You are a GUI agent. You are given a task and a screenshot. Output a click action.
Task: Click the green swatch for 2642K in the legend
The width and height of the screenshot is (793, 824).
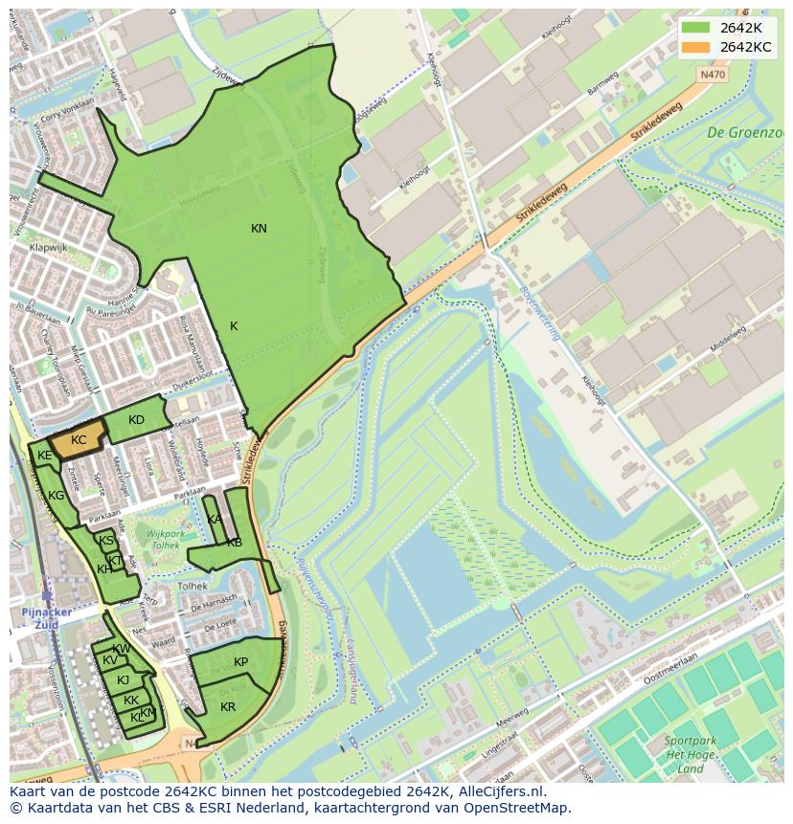pos(695,28)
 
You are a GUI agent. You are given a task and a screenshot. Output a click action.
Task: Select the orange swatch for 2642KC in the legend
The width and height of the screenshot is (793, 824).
pos(695,47)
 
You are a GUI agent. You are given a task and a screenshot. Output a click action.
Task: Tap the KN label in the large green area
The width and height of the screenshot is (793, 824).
pos(259,229)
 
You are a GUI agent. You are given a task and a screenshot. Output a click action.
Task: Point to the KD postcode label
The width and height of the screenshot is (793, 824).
pos(136,420)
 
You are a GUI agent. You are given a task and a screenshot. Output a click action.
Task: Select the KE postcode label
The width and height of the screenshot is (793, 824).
pos(44,457)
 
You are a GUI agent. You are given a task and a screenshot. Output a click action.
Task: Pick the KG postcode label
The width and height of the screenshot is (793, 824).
pos(57,496)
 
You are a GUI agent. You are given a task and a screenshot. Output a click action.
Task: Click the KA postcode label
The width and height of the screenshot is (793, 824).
pos(214,520)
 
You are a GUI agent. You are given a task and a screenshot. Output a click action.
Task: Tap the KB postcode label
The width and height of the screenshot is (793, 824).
pos(235,543)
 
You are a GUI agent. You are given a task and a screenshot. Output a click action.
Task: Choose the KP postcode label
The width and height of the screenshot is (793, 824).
pos(240,662)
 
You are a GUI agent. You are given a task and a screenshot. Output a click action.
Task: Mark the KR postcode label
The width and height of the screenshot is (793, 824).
pos(228,707)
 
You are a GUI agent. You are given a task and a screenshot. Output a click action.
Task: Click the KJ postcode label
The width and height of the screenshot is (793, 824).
pos(123,680)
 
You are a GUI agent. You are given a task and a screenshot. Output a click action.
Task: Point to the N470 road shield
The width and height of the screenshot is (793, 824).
pos(712,73)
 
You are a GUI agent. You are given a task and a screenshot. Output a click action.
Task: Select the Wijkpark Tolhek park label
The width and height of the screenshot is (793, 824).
pos(159,540)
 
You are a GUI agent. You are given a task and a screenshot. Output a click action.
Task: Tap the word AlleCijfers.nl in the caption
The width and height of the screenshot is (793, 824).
pos(499,791)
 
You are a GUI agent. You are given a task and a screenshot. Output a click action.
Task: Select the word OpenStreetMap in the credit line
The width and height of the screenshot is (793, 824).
pos(518,808)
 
